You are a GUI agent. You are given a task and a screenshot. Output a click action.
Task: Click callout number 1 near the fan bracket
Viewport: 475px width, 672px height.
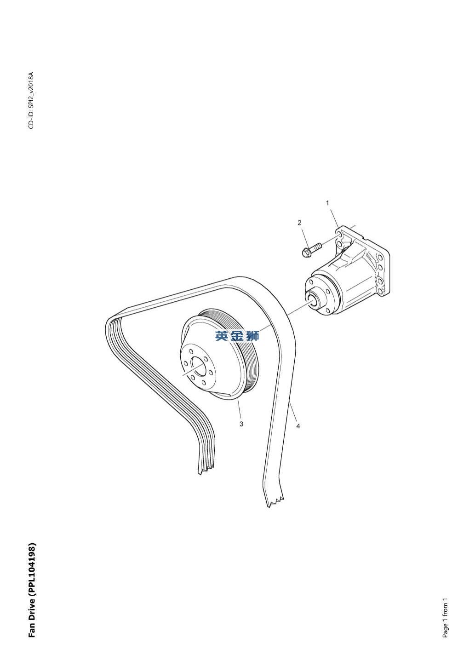(327, 203)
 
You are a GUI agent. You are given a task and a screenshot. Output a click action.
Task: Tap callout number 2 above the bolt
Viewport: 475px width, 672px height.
(299, 223)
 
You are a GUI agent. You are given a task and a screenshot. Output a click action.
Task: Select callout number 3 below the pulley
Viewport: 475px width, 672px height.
(241, 424)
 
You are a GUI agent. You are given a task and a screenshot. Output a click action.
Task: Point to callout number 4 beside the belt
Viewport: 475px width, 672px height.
(298, 426)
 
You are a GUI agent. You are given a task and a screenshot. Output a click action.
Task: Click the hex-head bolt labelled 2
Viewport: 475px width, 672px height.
(311, 249)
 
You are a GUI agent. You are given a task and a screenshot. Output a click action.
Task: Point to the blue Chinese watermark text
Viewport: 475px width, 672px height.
(237, 336)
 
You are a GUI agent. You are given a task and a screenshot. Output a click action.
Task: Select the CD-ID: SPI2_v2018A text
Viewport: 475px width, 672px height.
(31, 100)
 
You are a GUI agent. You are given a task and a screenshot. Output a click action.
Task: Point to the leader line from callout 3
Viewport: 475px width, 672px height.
(239, 409)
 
